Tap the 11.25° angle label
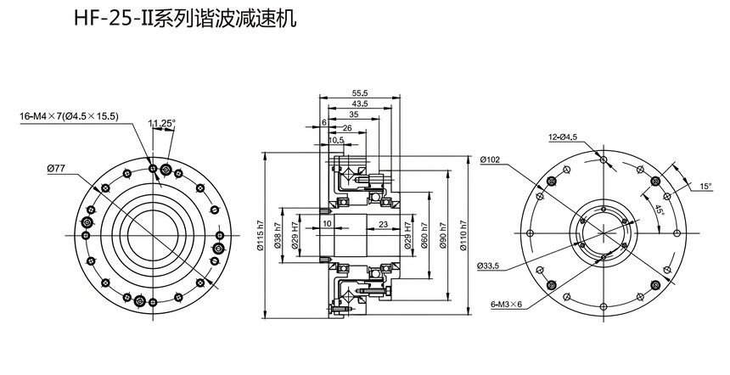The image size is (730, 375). click(161, 124)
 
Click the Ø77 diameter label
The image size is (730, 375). click(56, 170)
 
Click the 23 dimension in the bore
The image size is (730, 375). click(384, 224)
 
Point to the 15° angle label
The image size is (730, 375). click(705, 185)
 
